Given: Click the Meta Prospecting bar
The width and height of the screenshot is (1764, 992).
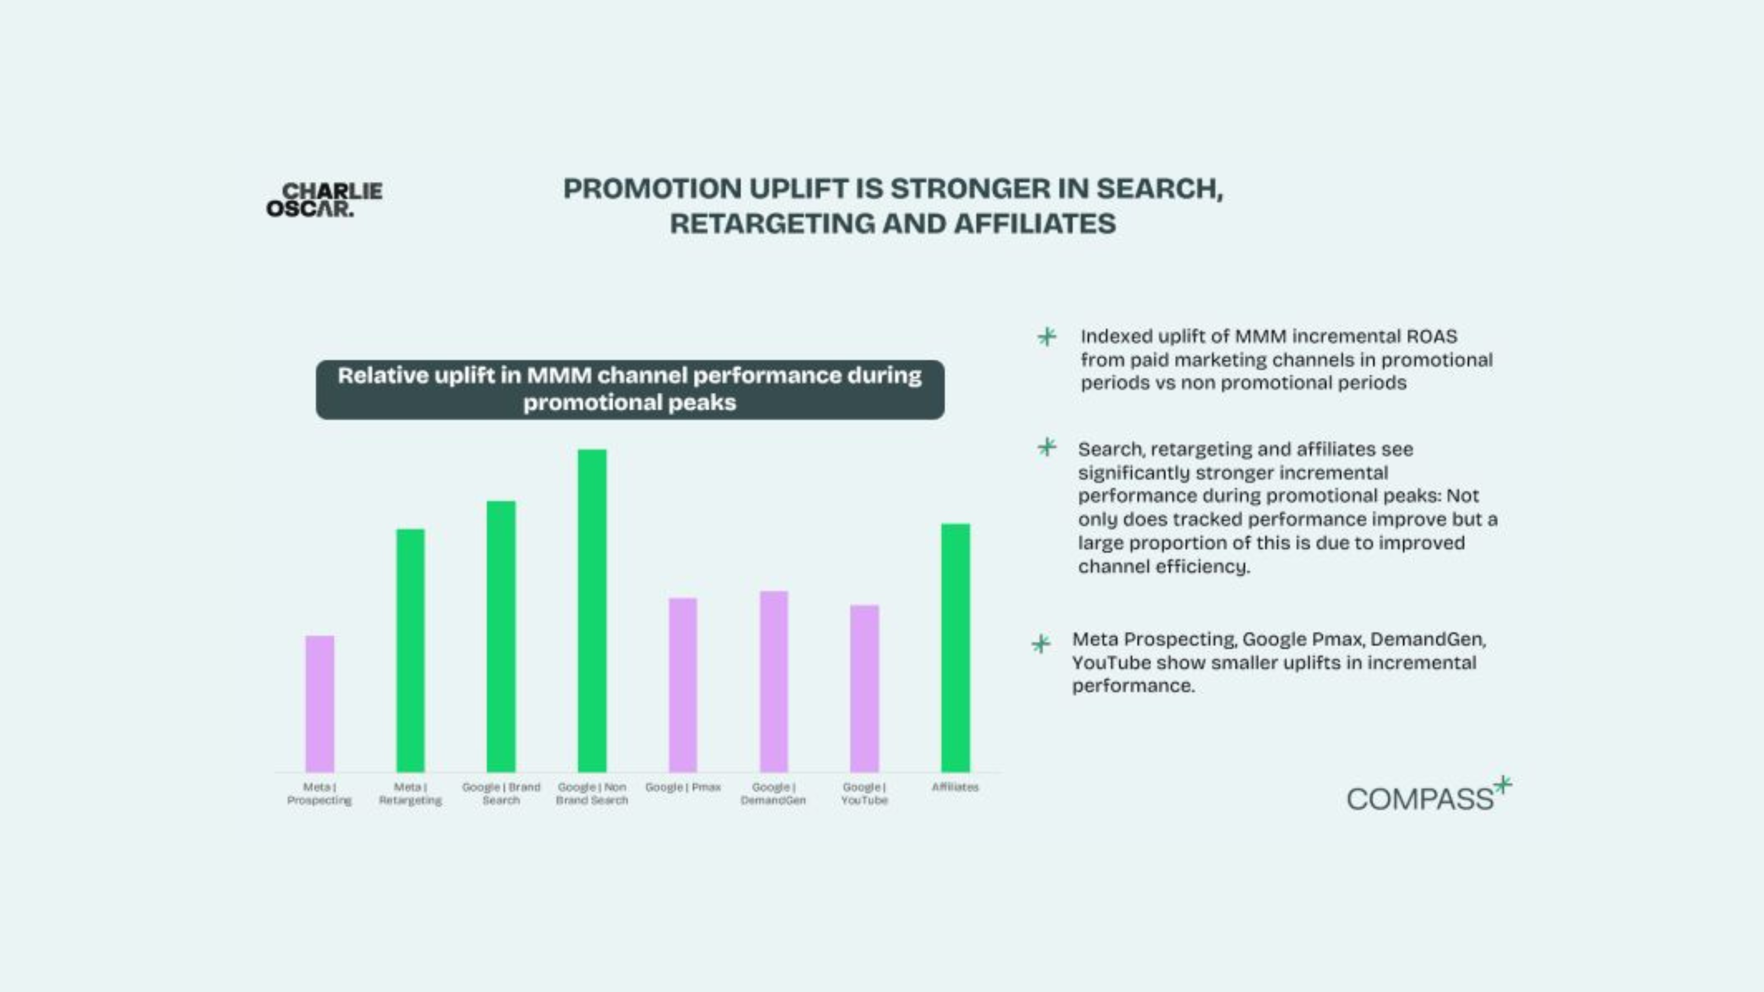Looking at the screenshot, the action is click(320, 704).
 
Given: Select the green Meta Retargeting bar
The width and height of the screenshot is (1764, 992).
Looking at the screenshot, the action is click(410, 650).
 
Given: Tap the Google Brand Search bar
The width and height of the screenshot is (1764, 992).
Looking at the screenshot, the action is click(501, 637).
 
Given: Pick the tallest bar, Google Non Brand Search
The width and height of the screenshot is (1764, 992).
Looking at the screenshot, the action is click(592, 611).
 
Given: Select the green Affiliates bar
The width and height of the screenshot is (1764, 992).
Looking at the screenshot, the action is click(955, 648).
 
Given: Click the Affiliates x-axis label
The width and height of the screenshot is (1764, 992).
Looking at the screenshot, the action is click(955, 787).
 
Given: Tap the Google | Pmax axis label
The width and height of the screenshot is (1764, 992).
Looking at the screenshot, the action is click(683, 787).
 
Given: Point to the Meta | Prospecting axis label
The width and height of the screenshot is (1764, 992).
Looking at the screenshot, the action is click(319, 794).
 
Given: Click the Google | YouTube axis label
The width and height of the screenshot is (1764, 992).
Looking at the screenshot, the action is click(864, 794).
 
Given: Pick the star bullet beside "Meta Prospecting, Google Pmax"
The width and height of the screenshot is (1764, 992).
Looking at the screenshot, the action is click(1041, 643).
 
